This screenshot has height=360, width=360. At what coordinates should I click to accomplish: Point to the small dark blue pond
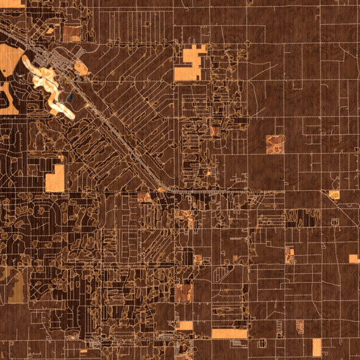coord(71,95)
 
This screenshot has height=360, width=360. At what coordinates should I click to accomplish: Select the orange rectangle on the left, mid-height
coord(55,178)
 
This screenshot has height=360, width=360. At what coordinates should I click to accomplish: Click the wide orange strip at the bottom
coord(229,334)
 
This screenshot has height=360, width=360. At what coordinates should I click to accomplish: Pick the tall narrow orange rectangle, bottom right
coord(317,347)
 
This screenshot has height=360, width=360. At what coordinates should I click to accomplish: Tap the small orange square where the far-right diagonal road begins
coord(334,195)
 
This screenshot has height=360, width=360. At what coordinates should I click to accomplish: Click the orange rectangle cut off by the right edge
coord(355,259)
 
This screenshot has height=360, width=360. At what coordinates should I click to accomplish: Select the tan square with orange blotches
coord(275,144)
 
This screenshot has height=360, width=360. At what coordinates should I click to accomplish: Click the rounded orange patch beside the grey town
coord(82,68)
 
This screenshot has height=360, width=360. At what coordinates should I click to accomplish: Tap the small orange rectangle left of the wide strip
coord(185,326)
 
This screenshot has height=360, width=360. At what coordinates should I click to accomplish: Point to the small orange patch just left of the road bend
coord(144,197)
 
